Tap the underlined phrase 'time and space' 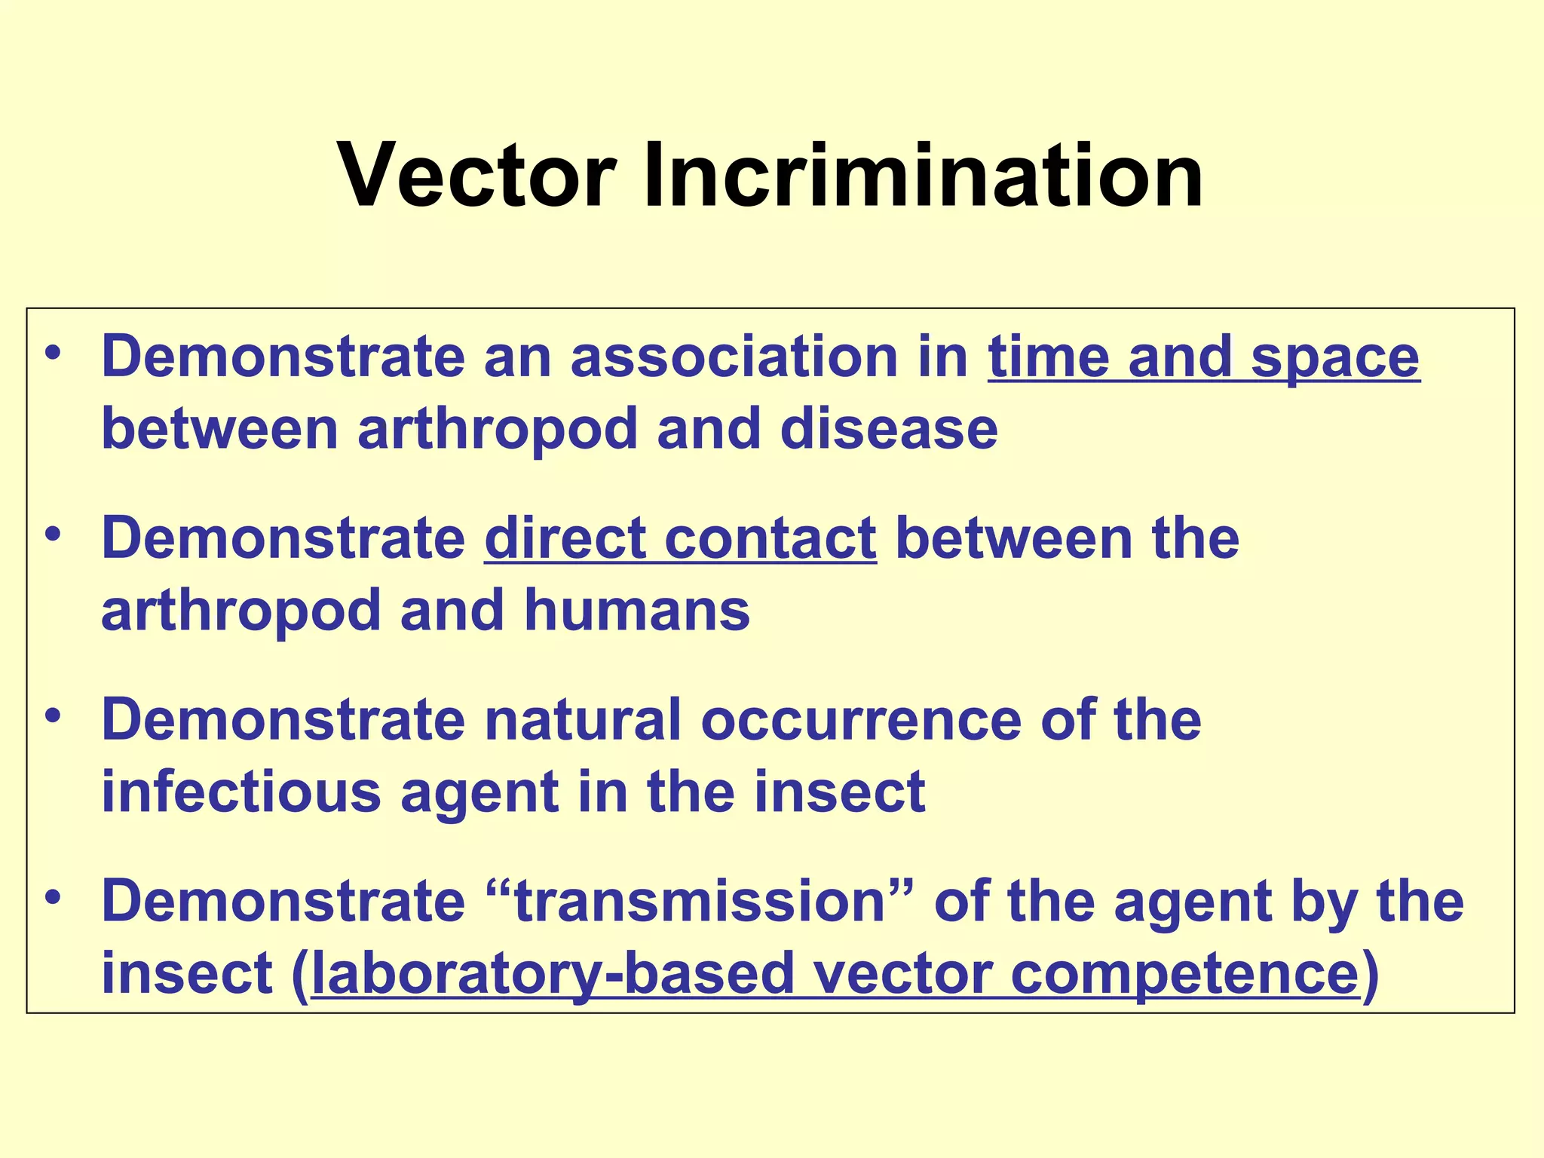click(1203, 357)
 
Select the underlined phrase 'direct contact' click(680, 538)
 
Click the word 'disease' click(889, 429)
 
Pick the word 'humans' click(637, 610)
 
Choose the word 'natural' click(583, 720)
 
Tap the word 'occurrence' click(861, 720)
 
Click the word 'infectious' click(241, 792)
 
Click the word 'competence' click(1184, 974)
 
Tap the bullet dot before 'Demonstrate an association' click(52, 353)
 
